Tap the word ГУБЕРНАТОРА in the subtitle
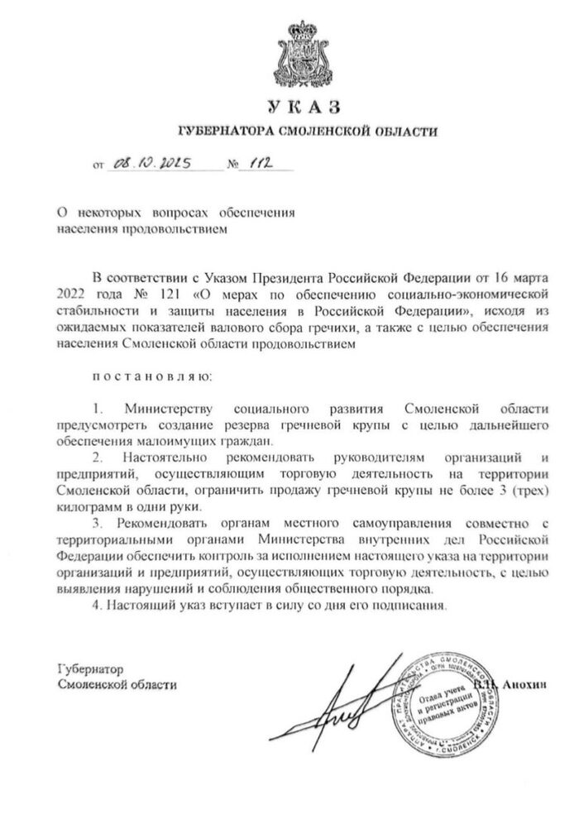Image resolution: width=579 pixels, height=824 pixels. [x=222, y=132]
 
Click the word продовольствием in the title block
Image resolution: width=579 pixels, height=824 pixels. [x=175, y=228]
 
